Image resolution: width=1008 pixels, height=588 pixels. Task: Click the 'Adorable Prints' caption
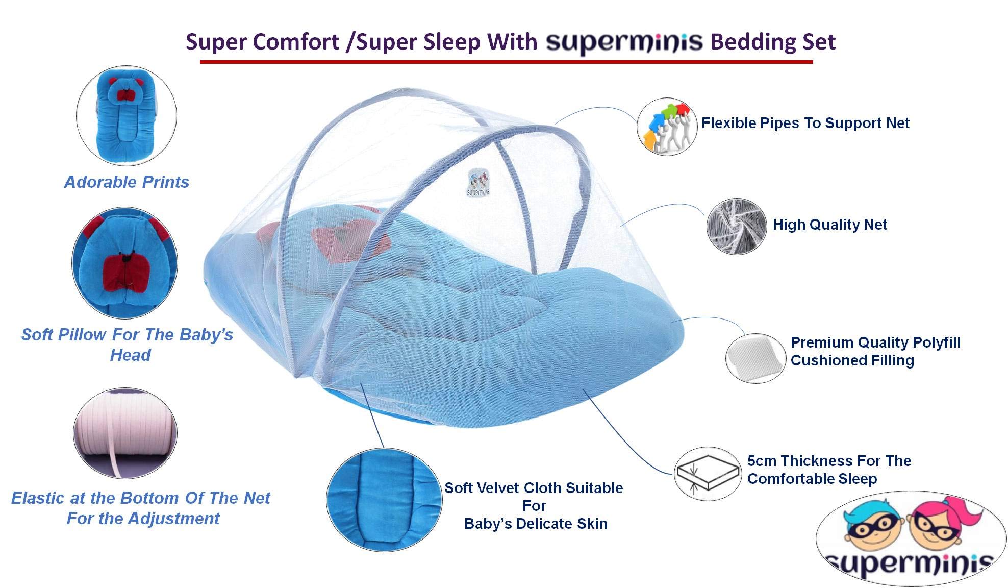(x=127, y=182)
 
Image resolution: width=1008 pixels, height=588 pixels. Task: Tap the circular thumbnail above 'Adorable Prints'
(x=127, y=115)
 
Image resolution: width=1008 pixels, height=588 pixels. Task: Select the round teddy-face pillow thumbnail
(x=125, y=263)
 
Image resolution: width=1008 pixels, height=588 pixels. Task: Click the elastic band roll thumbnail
(x=125, y=433)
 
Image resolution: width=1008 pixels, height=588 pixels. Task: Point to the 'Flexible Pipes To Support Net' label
(x=805, y=123)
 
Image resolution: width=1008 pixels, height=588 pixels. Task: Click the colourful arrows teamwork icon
(x=667, y=127)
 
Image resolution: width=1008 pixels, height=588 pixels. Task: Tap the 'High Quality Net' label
(x=829, y=225)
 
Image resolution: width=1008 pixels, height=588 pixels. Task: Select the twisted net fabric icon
(x=737, y=227)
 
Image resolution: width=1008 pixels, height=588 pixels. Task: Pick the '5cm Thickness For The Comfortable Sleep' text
(x=829, y=470)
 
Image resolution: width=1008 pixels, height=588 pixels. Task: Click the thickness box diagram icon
(x=707, y=473)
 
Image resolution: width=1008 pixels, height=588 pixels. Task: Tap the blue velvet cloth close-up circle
(x=384, y=500)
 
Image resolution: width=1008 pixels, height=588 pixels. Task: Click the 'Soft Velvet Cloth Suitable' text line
(x=534, y=488)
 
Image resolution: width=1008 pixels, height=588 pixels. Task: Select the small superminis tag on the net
(x=478, y=182)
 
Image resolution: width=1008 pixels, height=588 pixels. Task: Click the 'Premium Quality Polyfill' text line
(x=875, y=342)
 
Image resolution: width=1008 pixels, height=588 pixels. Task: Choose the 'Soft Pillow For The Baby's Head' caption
(x=128, y=345)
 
